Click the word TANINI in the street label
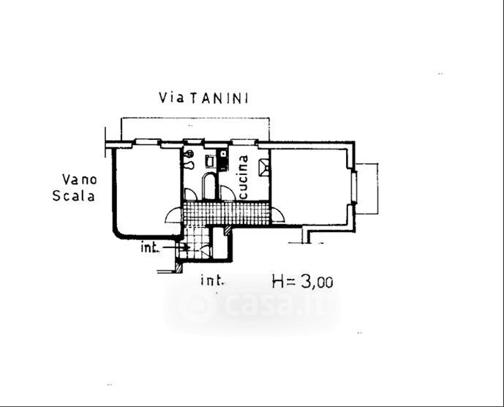point(218,98)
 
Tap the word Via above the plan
point(172,97)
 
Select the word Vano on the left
point(80,179)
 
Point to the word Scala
point(74,196)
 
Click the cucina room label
point(244,177)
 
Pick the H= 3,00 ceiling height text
point(302,282)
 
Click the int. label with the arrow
point(150,247)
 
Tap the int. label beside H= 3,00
point(212,280)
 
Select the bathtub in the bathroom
point(209,187)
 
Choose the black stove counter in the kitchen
point(223,160)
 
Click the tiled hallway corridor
point(225,213)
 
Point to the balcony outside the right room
point(367,189)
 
